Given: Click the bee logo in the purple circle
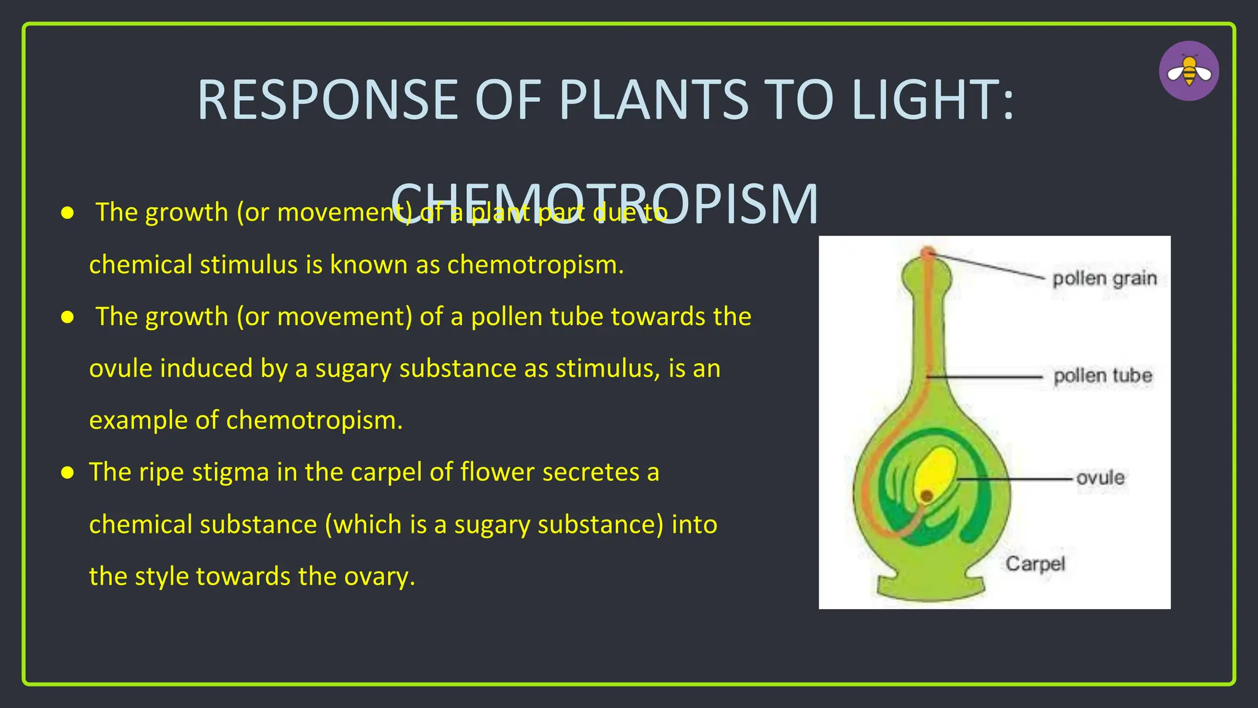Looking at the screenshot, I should (1189, 71).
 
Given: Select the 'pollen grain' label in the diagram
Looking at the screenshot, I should (1104, 278).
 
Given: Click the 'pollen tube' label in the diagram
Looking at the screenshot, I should (1102, 376).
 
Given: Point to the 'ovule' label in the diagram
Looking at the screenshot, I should (1100, 478).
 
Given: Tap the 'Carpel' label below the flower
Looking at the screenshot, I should (1035, 564).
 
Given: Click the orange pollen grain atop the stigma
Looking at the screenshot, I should (928, 253).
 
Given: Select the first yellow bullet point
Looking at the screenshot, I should (68, 213).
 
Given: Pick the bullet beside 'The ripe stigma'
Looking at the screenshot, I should (68, 473).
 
